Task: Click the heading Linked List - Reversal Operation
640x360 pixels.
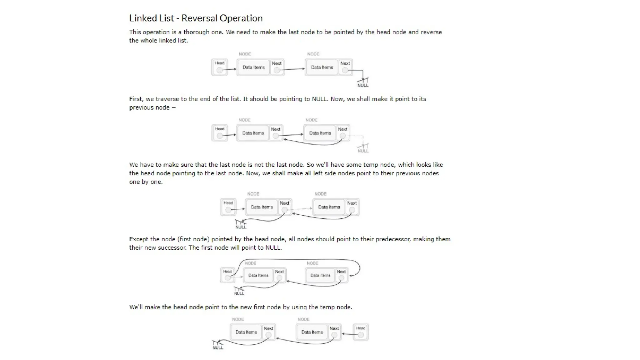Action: click(196, 18)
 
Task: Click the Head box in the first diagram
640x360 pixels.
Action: click(220, 67)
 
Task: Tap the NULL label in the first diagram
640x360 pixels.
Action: click(363, 85)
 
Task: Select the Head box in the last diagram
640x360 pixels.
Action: click(361, 332)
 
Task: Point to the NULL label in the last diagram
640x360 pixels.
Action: click(218, 348)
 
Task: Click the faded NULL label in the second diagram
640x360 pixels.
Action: click(363, 151)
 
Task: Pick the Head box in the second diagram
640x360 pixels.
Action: click(220, 133)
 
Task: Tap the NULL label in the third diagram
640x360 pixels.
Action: click(241, 227)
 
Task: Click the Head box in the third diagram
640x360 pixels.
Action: click(228, 207)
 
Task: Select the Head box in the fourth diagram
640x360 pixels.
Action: click(227, 275)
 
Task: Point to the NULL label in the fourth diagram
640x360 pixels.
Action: click(239, 293)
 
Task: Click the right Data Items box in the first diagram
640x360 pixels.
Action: click(322, 67)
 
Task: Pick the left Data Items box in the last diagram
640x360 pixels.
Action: click(246, 332)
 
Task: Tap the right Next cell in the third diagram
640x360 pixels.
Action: click(352, 207)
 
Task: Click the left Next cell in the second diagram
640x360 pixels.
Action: click(276, 133)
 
